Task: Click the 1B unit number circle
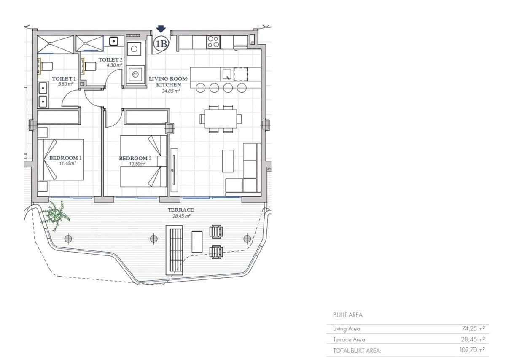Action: point(161,44)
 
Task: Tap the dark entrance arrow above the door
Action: point(161,29)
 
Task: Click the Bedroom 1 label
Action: point(65,158)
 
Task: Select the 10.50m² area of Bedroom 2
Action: point(137,164)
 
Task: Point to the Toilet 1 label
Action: point(64,78)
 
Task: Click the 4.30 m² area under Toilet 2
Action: point(115,65)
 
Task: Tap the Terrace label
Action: point(181,210)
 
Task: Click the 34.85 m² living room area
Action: point(171,91)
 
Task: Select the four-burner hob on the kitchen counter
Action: point(213,42)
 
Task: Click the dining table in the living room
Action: point(221,118)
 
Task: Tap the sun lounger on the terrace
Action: point(174,250)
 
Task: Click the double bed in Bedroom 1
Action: point(61,159)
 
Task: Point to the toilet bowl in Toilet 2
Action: point(90,66)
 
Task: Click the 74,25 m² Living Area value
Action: point(473,328)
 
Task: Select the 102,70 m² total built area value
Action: point(472,350)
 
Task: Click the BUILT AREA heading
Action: point(347,315)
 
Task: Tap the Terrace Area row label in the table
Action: point(349,339)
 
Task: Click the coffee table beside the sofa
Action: point(228,161)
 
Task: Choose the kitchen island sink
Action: point(227,74)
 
